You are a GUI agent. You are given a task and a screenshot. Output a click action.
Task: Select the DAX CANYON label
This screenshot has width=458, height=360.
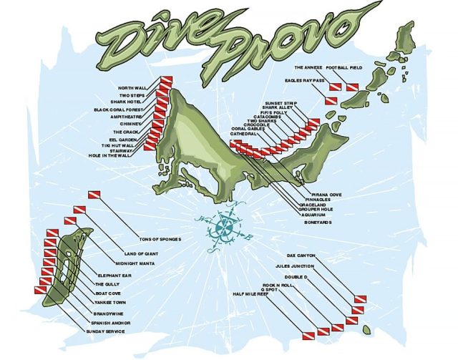301,255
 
